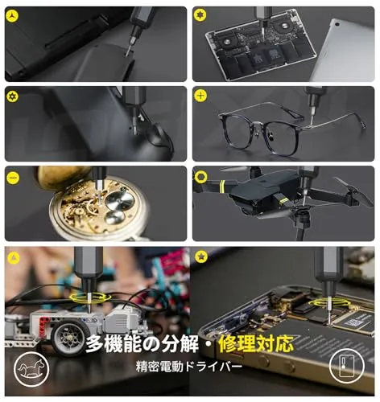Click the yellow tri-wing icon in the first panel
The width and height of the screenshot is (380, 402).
click(x=12, y=16)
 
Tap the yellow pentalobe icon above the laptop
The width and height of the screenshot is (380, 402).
click(x=200, y=15)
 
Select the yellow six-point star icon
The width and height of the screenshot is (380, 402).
click(x=12, y=96)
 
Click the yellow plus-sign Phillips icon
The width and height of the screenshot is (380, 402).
click(x=200, y=96)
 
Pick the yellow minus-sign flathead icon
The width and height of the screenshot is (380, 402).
click(x=13, y=177)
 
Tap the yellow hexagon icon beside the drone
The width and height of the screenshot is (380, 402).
click(x=201, y=177)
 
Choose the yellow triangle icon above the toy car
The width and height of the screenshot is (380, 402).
click(x=13, y=257)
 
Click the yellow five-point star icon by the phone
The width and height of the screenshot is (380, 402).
click(x=201, y=256)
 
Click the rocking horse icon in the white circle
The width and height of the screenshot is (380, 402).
click(x=31, y=369)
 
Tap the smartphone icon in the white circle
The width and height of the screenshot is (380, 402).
click(x=346, y=366)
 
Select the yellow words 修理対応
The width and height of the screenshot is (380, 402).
click(x=256, y=344)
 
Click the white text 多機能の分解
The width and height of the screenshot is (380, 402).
click(x=142, y=344)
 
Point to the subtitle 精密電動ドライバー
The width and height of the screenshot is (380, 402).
click(x=189, y=367)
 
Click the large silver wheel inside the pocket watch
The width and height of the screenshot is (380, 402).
click(x=119, y=200)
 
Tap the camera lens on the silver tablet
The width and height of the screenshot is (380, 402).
click(x=337, y=24)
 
